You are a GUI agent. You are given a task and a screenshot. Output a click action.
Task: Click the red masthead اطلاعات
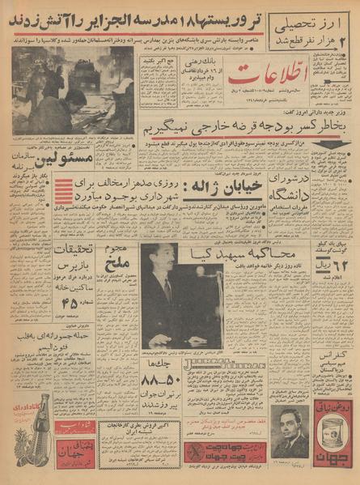click(x=260, y=79)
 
